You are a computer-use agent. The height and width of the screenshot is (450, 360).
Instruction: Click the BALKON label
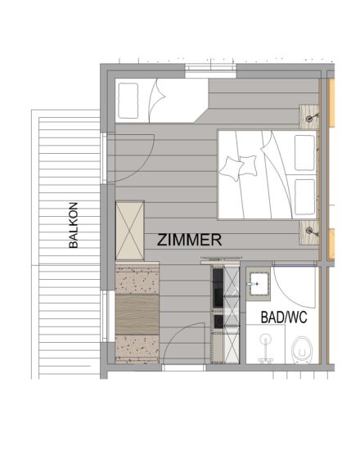74,225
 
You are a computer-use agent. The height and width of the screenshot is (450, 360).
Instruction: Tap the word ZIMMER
190,240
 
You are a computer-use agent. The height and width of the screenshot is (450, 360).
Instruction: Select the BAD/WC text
284,317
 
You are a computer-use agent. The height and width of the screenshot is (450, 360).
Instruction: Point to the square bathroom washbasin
260,284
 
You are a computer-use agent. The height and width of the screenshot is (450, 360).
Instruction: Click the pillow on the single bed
128,101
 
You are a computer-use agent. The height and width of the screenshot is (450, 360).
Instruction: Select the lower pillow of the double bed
304,197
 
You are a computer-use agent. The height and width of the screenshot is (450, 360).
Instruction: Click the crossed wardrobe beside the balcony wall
130,231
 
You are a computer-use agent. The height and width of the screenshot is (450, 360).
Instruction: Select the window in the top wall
210,71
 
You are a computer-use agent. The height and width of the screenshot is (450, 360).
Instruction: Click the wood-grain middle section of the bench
137,314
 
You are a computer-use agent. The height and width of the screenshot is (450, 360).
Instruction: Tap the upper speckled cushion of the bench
137,279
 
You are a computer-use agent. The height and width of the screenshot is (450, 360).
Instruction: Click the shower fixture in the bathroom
266,349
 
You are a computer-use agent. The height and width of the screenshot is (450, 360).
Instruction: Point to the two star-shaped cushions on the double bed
238,168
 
